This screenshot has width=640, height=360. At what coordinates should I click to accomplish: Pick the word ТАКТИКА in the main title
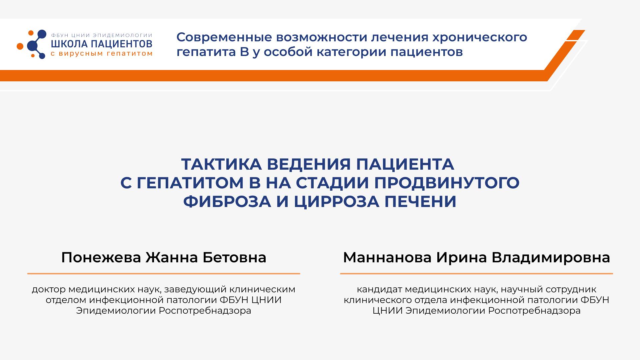point(221,164)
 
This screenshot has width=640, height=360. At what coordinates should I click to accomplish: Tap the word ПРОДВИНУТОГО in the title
point(447,183)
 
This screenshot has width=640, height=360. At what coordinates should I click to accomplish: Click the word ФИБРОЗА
point(227,201)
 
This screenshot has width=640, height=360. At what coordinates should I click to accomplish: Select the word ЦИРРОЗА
point(336,201)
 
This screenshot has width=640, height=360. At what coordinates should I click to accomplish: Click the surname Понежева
point(101,257)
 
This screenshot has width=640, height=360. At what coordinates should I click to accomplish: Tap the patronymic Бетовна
point(235,257)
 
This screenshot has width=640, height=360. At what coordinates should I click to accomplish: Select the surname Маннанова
point(387,257)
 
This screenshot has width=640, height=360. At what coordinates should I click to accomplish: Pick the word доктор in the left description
point(49,289)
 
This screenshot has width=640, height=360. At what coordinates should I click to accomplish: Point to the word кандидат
point(379,289)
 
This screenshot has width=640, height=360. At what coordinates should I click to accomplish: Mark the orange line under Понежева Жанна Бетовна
point(164,274)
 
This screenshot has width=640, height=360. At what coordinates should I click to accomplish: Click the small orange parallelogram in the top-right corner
point(576,35)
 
